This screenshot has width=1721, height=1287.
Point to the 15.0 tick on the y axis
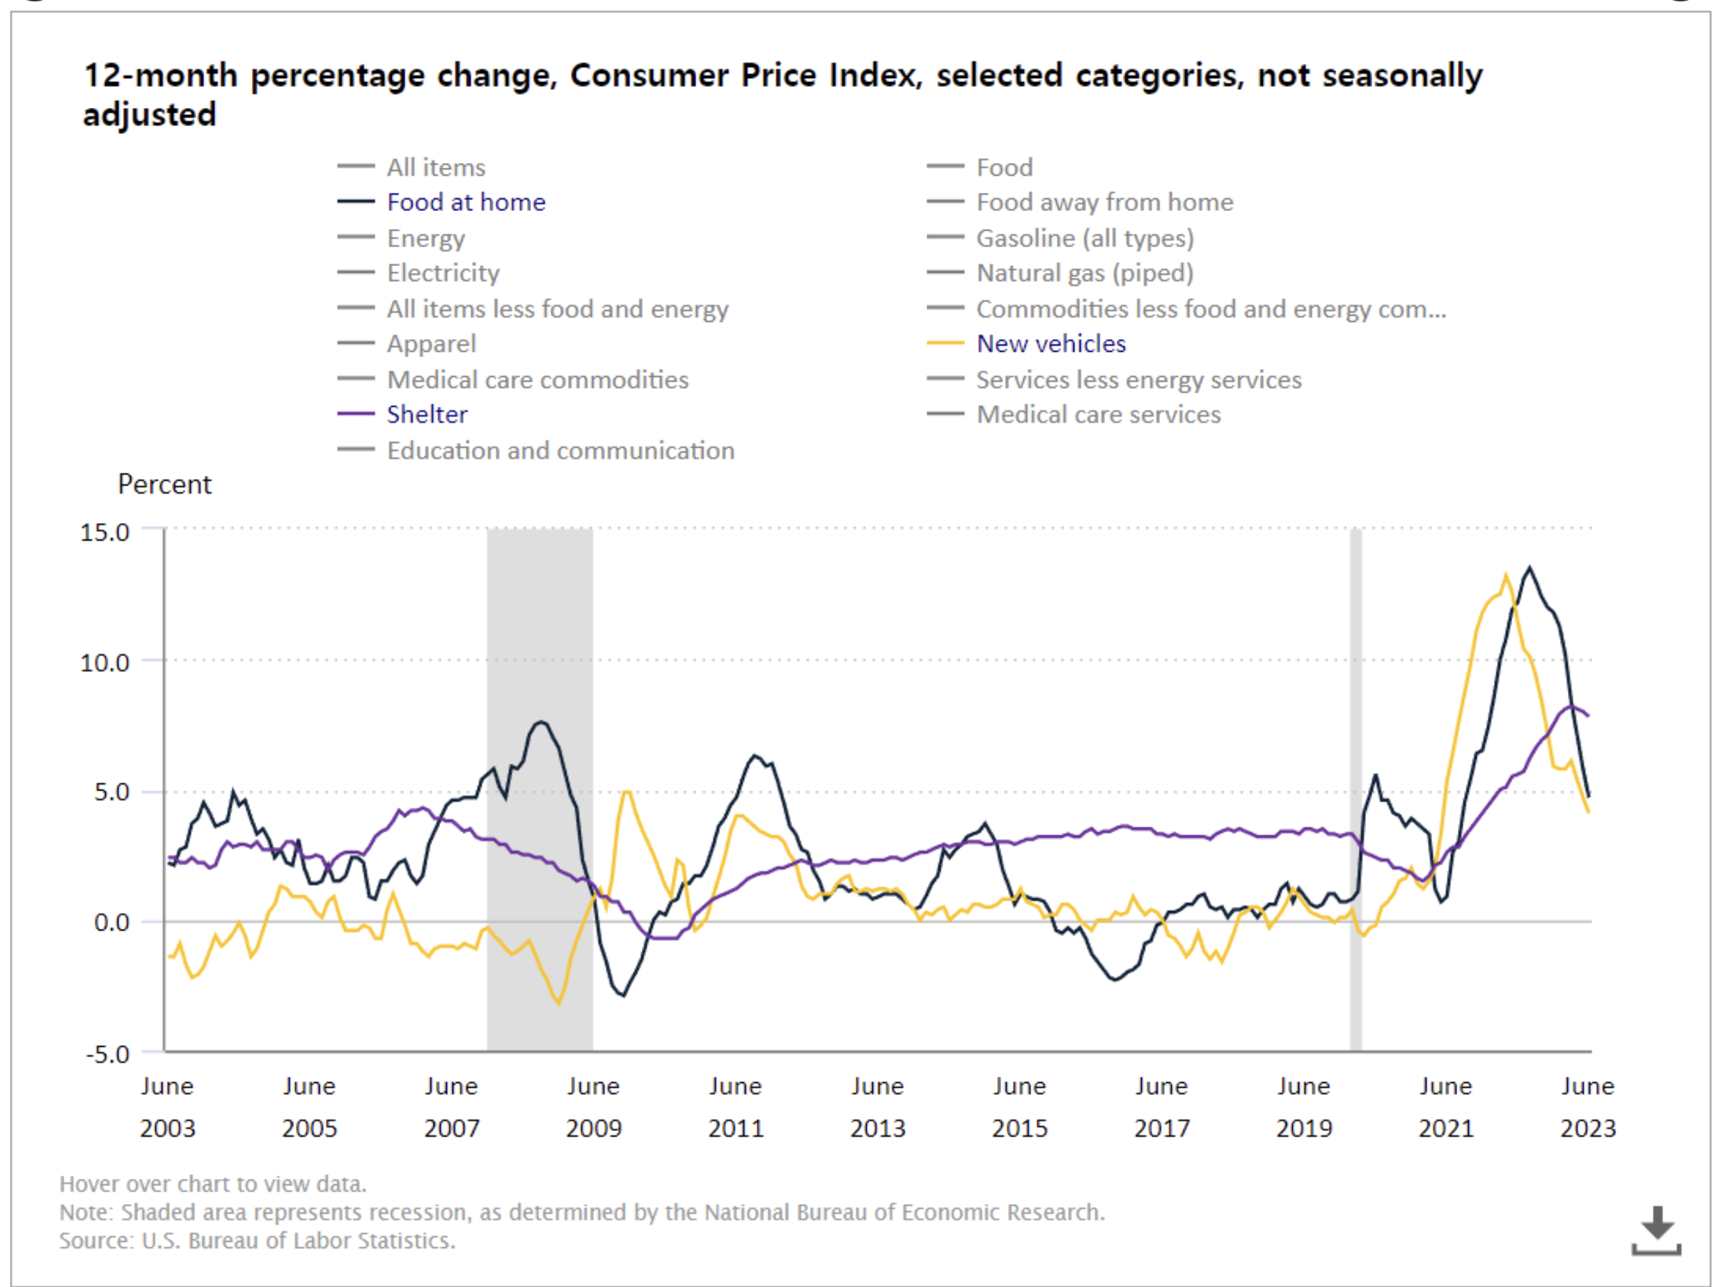pyautogui.click(x=105, y=533)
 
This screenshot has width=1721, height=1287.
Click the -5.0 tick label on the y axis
pyautogui.click(x=107, y=1054)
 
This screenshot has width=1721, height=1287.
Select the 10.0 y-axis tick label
pyautogui.click(x=105, y=663)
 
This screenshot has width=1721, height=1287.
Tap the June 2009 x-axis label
pyautogui.click(x=594, y=1107)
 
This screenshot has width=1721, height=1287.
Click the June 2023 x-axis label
pyautogui.click(x=1587, y=1107)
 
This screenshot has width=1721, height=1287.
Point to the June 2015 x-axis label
pyautogui.click(x=1019, y=1107)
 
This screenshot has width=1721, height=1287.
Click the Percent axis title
pyautogui.click(x=164, y=485)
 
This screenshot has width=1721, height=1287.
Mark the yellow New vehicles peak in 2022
pyautogui.click(x=1505, y=576)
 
